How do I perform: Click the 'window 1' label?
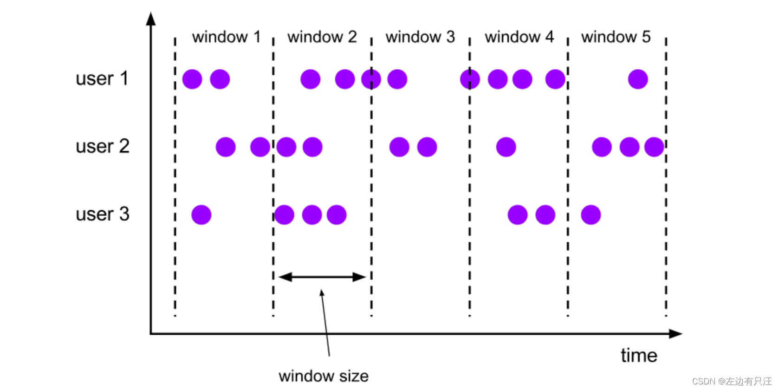[226, 37]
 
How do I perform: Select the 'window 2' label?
[322, 37]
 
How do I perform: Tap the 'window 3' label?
[420, 37]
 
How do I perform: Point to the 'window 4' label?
[519, 37]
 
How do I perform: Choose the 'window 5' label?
[616, 37]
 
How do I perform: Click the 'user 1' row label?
[102, 79]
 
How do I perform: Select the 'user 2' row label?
[102, 147]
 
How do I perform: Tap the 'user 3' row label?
[102, 214]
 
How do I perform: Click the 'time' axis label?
[639, 356]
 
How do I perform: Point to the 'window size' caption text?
[324, 376]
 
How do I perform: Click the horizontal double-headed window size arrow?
[322, 277]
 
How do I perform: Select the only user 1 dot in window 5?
[638, 79]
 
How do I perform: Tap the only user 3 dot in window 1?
[201, 215]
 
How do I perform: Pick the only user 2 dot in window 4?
[506, 147]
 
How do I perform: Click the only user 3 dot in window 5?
[591, 215]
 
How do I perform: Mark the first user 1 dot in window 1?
[192, 79]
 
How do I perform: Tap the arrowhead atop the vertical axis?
[151, 19]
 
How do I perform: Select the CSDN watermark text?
[731, 381]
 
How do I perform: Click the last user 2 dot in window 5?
[654, 147]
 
